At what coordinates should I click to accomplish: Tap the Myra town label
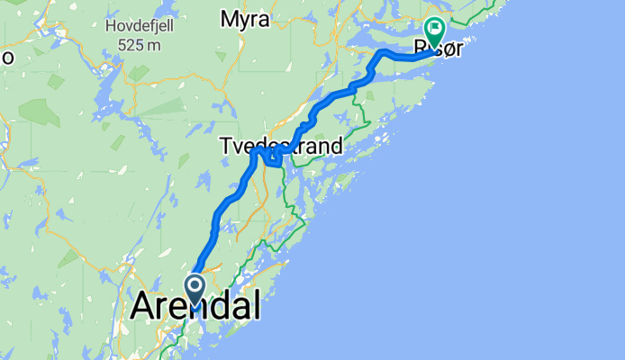[x=245, y=20]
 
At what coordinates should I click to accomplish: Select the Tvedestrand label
[x=281, y=146]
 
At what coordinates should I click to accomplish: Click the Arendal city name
[x=196, y=306]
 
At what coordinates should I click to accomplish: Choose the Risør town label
[x=437, y=47]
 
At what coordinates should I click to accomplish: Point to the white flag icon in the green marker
[x=435, y=29]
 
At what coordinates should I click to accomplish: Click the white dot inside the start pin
[x=194, y=286]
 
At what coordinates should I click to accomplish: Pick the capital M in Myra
[x=229, y=20]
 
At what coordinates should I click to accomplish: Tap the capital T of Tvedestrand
[x=225, y=146]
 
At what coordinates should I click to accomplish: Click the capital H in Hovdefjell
[x=110, y=24]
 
